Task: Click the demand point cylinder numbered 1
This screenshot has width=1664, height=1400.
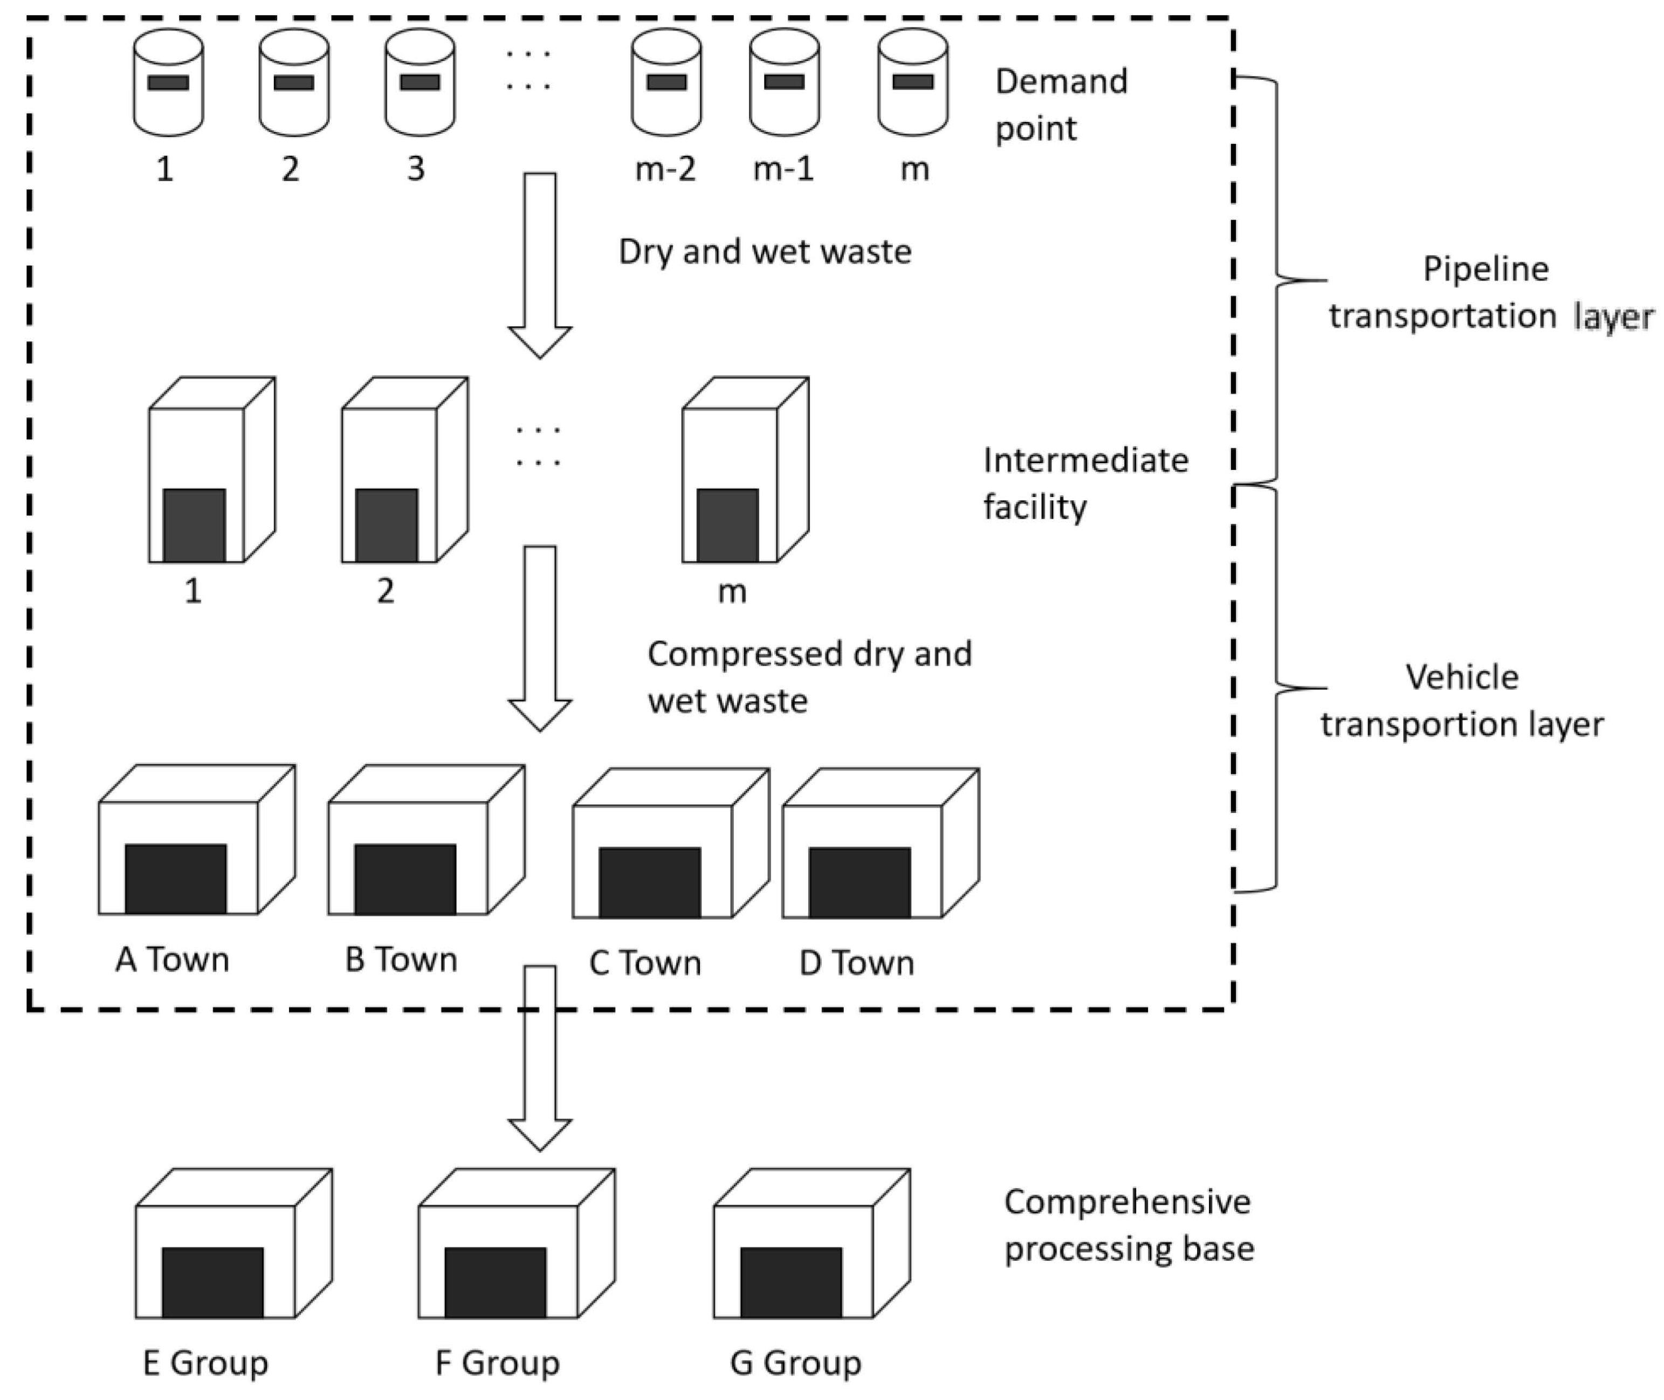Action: point(168,82)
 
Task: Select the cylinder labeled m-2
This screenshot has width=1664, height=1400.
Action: point(666,82)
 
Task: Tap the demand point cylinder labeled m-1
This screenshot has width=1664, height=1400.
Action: point(785,82)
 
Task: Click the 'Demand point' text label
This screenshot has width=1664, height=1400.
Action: point(1061,105)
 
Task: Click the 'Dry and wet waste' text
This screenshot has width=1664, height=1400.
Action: point(765,252)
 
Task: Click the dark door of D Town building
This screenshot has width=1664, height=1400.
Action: point(859,882)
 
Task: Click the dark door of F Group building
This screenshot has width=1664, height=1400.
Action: point(494,1282)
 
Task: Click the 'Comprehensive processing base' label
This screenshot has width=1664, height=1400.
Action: point(1128,1225)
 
